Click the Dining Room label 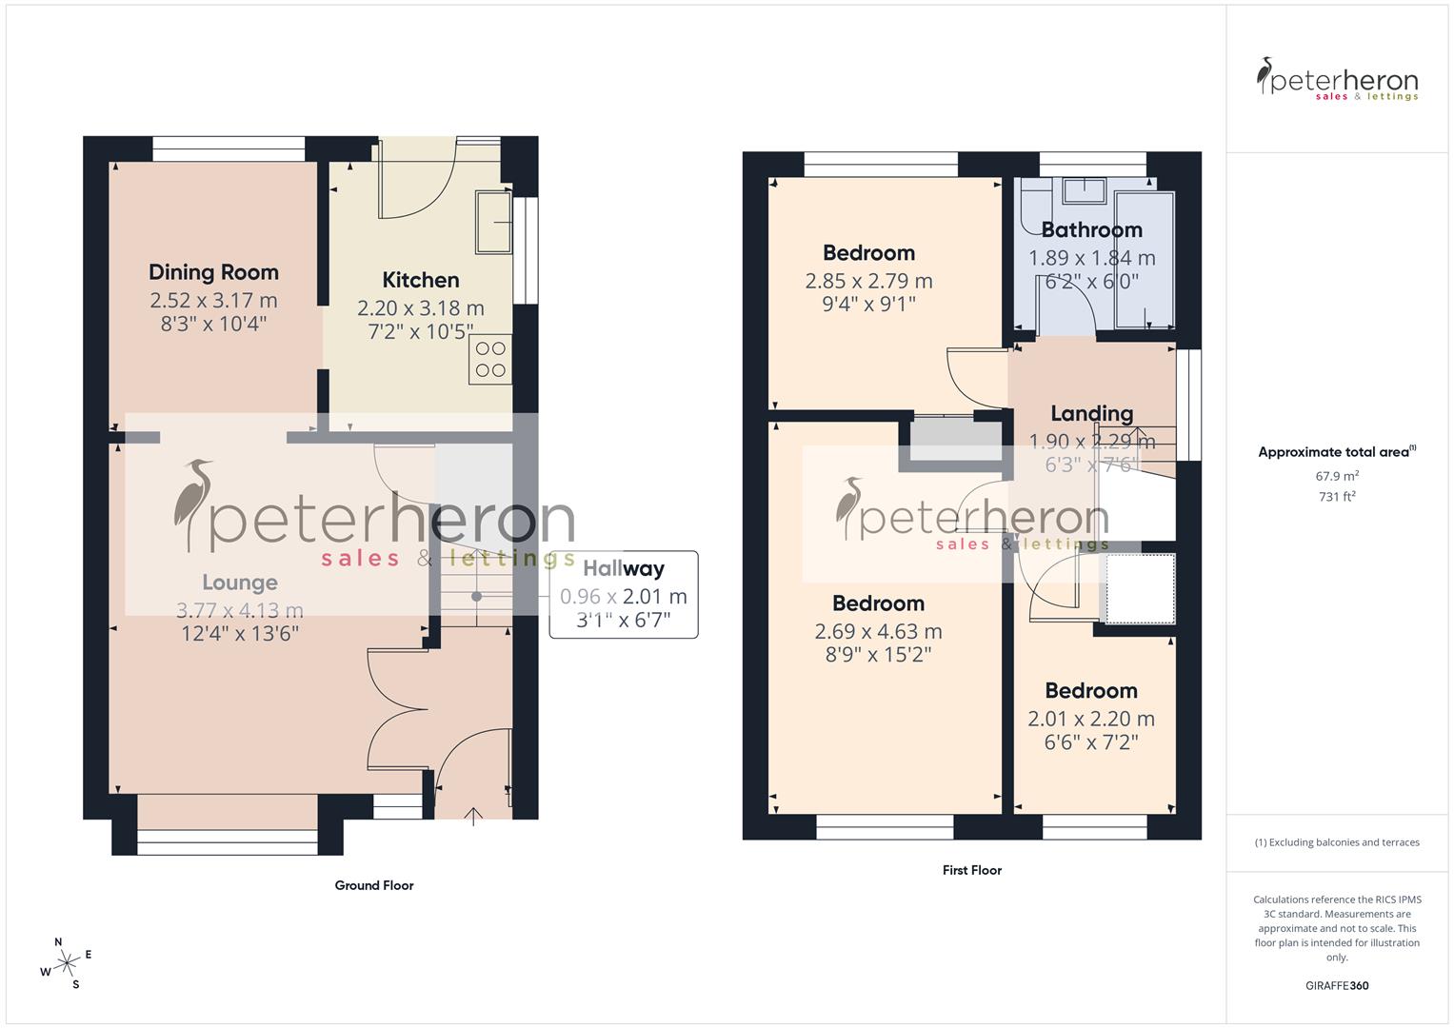pos(213,272)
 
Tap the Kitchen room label pos(421,280)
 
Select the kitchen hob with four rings pos(490,360)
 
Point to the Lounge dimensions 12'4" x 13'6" pos(240,633)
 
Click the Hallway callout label pos(624,569)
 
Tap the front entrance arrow pos(473,815)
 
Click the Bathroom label pos(1091,230)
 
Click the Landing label pos(1091,413)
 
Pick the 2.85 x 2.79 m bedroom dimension pos(868,281)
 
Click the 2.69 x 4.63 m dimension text pos(878,631)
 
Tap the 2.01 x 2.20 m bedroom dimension pos(1091,719)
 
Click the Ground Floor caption pos(374,885)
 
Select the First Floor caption pos(971,870)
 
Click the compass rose pos(67,963)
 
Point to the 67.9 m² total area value pos(1337,476)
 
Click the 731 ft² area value pos(1337,497)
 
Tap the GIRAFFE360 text pos(1337,985)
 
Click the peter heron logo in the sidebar pos(1337,80)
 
